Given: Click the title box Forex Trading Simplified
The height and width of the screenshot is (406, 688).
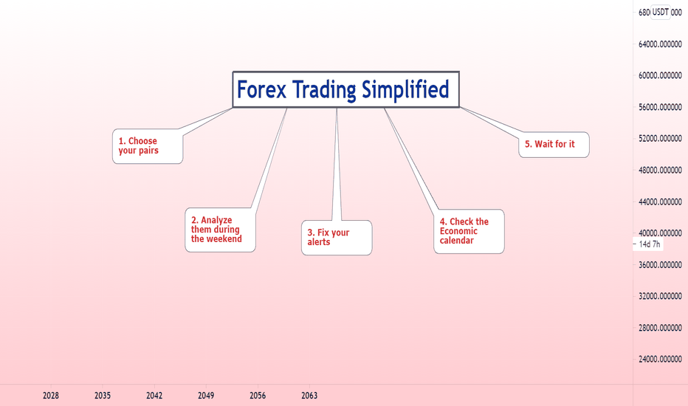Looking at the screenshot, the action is pyautogui.click(x=345, y=89).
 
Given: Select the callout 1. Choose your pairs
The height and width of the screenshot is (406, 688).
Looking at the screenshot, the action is pyautogui.click(x=148, y=146).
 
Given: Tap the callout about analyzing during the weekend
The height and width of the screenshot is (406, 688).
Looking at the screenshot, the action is pyautogui.click(x=220, y=230).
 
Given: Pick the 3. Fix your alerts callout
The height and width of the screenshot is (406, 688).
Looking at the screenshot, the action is pyautogui.click(x=337, y=238).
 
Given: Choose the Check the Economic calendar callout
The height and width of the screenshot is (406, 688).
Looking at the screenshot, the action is pyautogui.click(x=469, y=231).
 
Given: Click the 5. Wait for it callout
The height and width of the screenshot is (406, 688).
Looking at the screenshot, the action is pyautogui.click(x=554, y=145).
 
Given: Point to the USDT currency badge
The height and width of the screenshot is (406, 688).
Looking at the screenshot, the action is pyautogui.click(x=660, y=13).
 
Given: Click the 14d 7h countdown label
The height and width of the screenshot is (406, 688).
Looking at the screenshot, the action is pyautogui.click(x=650, y=244).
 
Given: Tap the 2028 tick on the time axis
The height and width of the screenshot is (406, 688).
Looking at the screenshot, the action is pyautogui.click(x=51, y=396).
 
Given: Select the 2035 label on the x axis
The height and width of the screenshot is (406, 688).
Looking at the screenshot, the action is pyautogui.click(x=103, y=396).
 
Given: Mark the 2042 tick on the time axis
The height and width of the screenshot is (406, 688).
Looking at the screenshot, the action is pyautogui.click(x=154, y=396).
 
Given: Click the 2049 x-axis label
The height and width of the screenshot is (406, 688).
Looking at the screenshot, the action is pyautogui.click(x=206, y=396).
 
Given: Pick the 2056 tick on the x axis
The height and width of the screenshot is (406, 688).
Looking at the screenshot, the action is pyautogui.click(x=258, y=396).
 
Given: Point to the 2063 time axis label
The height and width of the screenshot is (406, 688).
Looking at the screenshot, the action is pyautogui.click(x=309, y=396).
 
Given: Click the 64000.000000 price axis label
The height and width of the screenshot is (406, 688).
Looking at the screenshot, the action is pyautogui.click(x=660, y=44).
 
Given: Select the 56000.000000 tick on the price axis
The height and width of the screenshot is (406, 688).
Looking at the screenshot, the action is pyautogui.click(x=660, y=107).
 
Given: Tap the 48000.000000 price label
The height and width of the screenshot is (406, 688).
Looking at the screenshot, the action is pyautogui.click(x=660, y=171).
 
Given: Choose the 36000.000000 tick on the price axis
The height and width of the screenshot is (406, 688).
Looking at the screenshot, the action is pyautogui.click(x=660, y=265).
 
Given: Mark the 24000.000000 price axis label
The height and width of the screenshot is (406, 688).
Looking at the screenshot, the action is pyautogui.click(x=660, y=359).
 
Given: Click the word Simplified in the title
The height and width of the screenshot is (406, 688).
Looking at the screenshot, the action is pyautogui.click(x=405, y=89).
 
